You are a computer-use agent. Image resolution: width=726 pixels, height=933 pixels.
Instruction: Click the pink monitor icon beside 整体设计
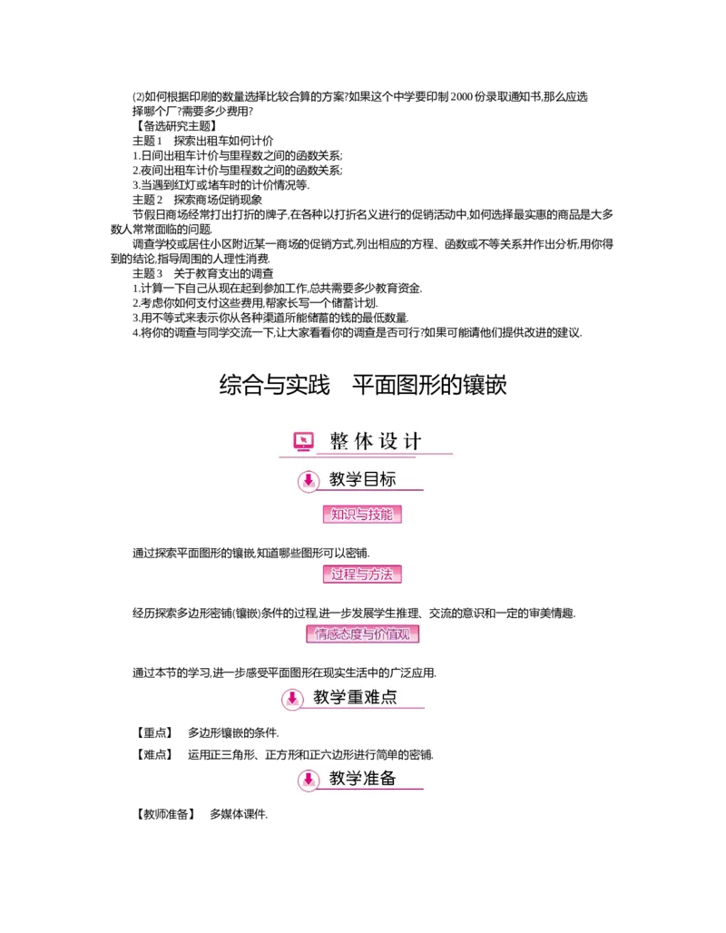tap(304, 442)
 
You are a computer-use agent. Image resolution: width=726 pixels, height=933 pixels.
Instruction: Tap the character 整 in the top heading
tap(339, 442)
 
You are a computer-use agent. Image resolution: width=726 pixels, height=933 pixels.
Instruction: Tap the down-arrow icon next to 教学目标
tap(309, 481)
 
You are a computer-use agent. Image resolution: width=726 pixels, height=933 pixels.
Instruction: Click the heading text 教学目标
tap(362, 479)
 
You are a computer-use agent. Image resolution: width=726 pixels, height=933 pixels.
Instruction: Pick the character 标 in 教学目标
tap(388, 479)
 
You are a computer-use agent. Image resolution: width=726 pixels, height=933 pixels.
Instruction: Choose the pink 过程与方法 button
tap(362, 574)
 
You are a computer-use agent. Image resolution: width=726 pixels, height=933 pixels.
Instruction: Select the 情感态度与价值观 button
tap(366, 633)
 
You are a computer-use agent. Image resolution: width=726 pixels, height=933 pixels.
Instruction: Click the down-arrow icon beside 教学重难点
tap(292, 699)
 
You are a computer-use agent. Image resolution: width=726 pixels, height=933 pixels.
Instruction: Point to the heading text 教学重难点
tap(355, 697)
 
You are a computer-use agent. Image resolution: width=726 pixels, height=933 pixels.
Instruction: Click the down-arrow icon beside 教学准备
tap(309, 780)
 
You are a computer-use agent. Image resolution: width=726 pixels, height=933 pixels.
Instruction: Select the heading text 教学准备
tap(362, 778)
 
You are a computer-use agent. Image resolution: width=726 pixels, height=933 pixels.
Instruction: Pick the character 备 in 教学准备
tap(388, 778)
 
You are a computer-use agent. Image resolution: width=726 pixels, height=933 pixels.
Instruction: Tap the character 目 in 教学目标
tap(371, 479)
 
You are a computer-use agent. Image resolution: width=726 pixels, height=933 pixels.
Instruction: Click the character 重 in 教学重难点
tap(355, 697)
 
